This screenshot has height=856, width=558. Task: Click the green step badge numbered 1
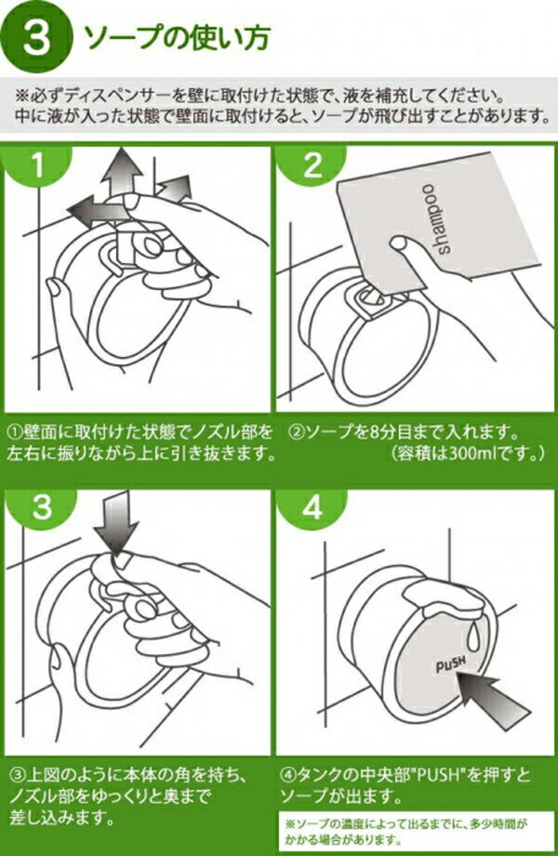coord(36,165)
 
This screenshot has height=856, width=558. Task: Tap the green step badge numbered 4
coord(312,507)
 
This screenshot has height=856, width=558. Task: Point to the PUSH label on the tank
coord(451,664)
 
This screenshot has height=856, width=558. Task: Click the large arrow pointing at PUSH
coord(494,698)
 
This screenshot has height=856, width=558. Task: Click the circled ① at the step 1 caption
coord(14,433)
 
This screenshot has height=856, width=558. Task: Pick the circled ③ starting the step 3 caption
coord(18,774)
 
